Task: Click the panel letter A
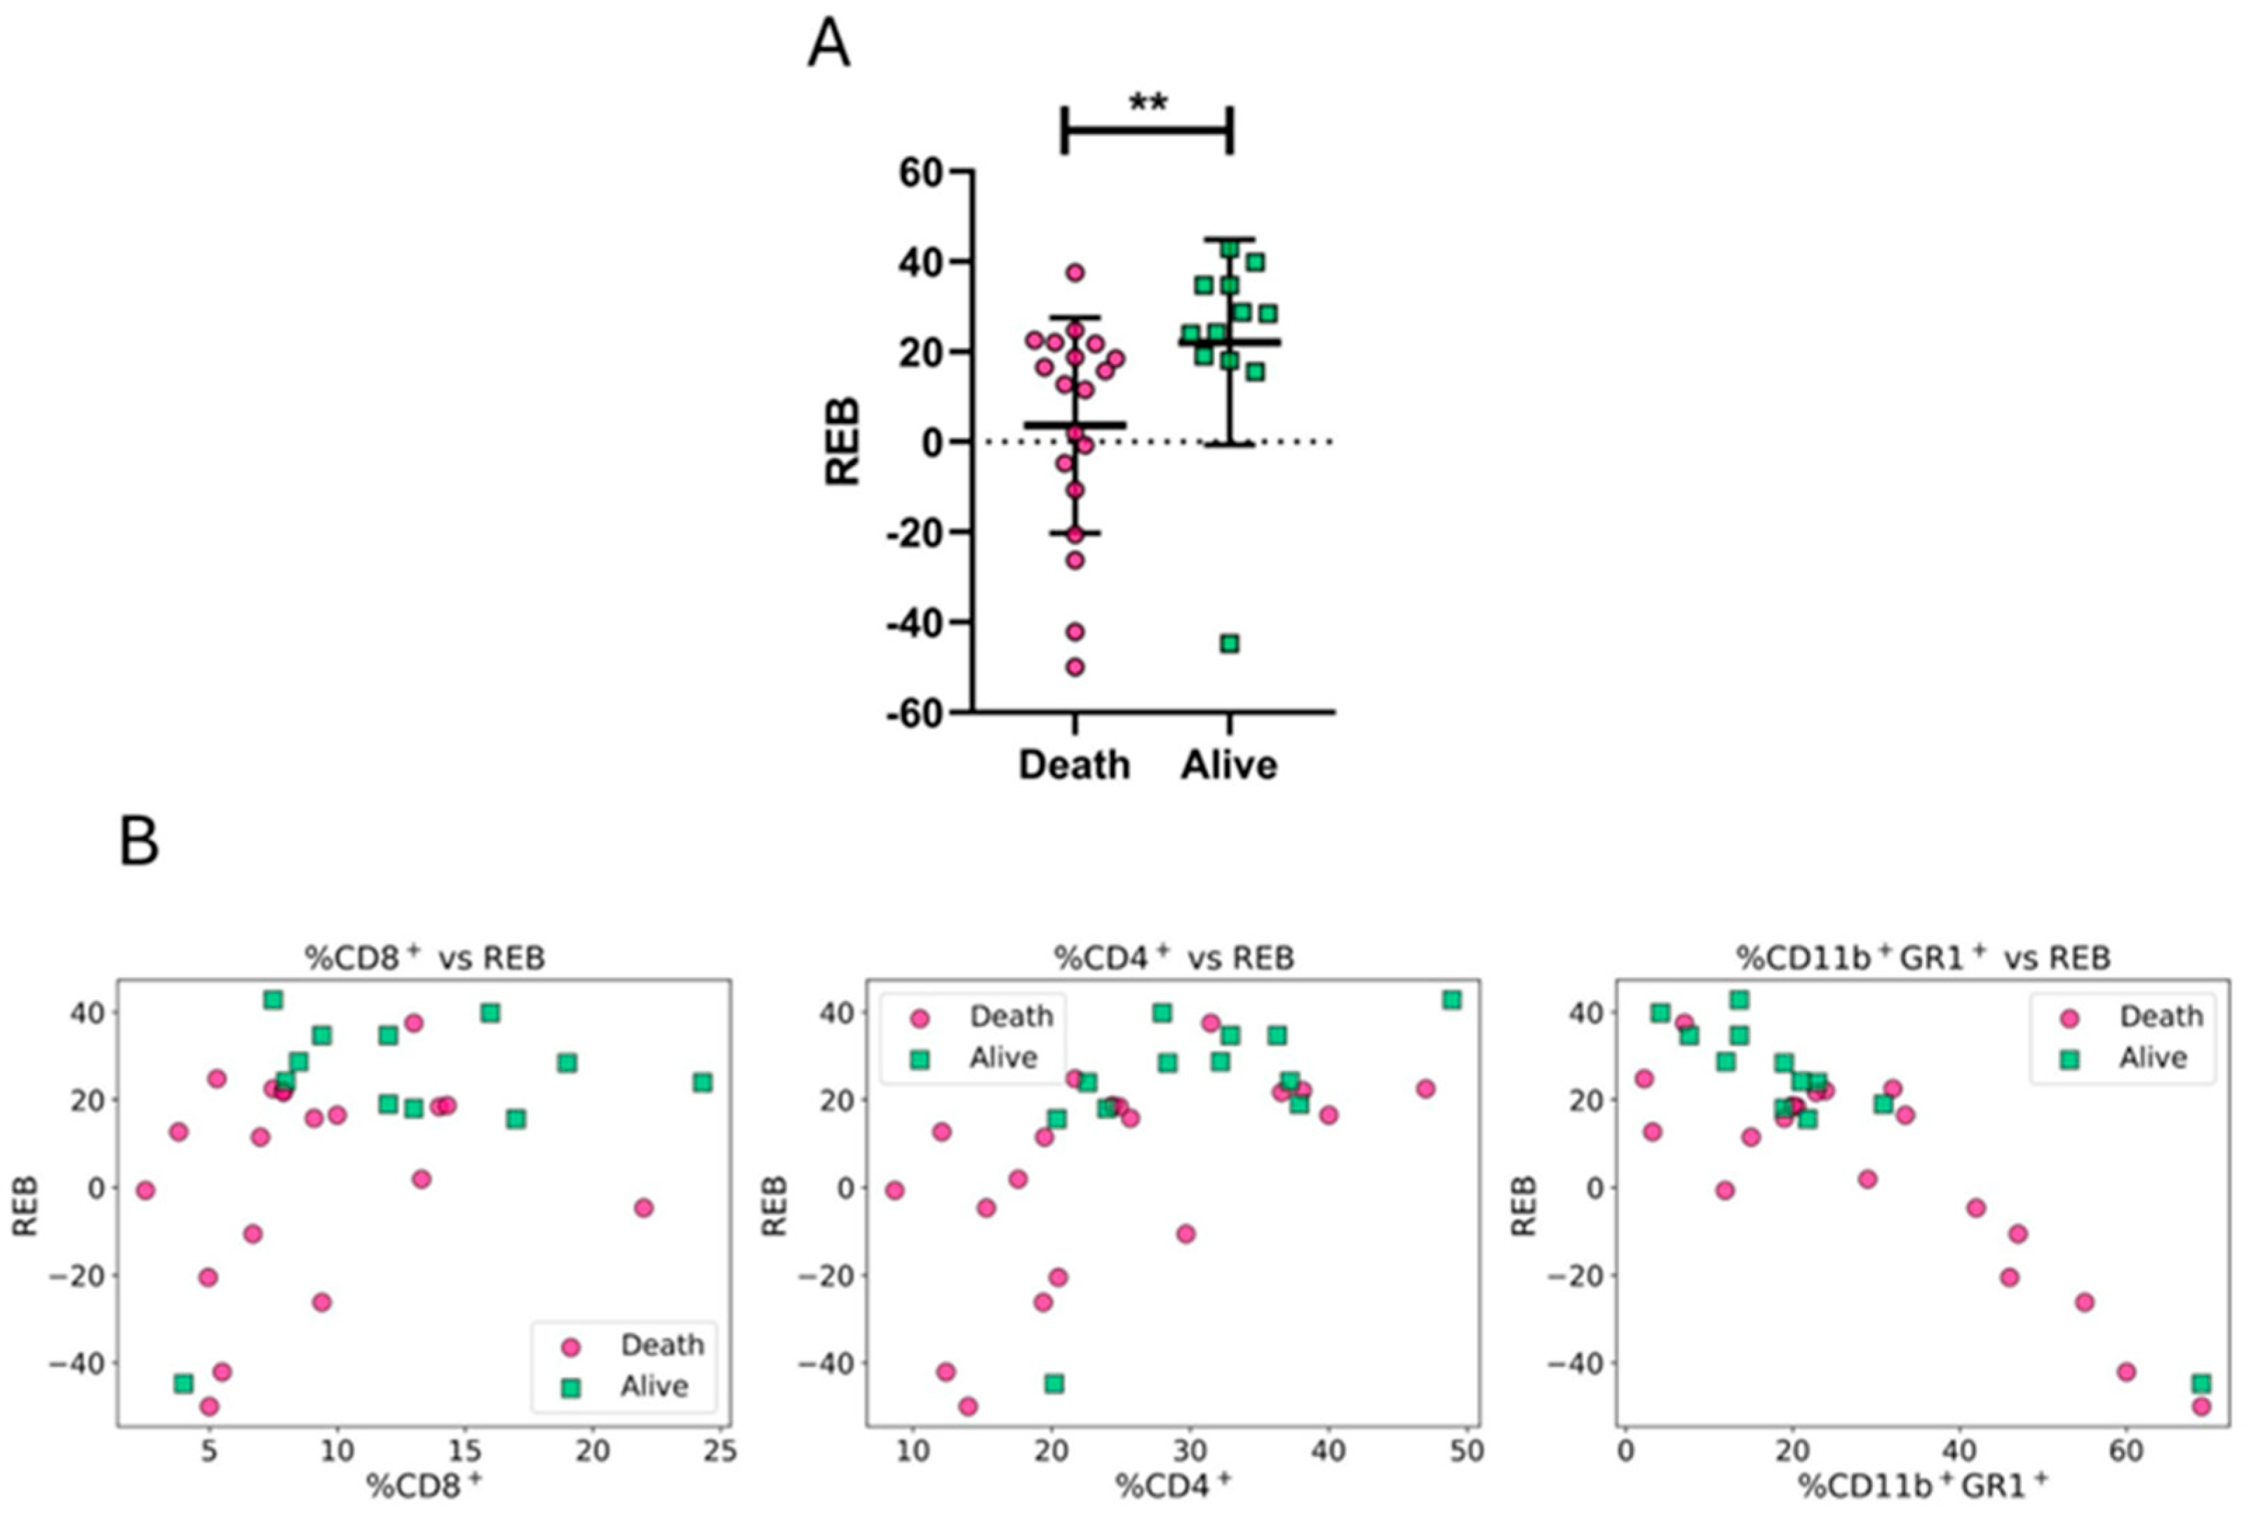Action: tap(828, 46)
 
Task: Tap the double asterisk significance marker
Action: tap(1148, 102)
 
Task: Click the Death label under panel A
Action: tap(1073, 765)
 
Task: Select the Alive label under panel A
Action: tap(1228, 765)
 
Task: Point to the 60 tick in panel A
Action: tap(921, 173)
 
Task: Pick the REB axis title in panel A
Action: tap(842, 442)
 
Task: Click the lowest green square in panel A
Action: tap(1229, 643)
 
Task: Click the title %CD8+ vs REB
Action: tap(424, 957)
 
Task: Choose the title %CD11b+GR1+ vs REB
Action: tap(1923, 957)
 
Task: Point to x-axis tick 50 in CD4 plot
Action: tap(1467, 1451)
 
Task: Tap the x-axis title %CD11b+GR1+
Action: tap(1923, 1486)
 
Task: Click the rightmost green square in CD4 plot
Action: tap(1451, 1000)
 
